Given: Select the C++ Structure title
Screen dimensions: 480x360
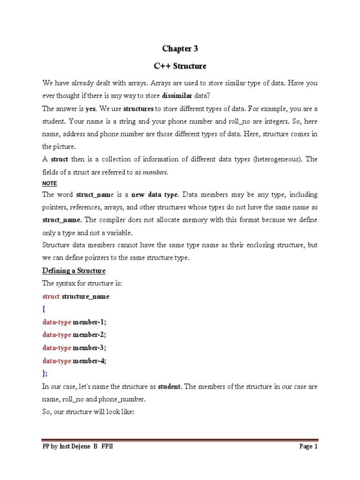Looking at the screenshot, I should (x=180, y=66).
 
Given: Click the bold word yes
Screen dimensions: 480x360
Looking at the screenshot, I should (x=90, y=109).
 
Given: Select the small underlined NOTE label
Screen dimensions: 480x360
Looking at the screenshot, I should (x=49, y=183).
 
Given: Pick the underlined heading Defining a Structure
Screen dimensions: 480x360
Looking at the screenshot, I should (x=74, y=270).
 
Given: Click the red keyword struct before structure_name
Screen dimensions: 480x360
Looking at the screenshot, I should (x=51, y=296).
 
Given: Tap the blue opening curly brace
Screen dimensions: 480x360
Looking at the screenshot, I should (x=44, y=309).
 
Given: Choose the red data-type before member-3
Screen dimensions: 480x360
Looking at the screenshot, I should (x=57, y=348).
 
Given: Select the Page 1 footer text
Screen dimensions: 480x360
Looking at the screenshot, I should (x=308, y=447).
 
